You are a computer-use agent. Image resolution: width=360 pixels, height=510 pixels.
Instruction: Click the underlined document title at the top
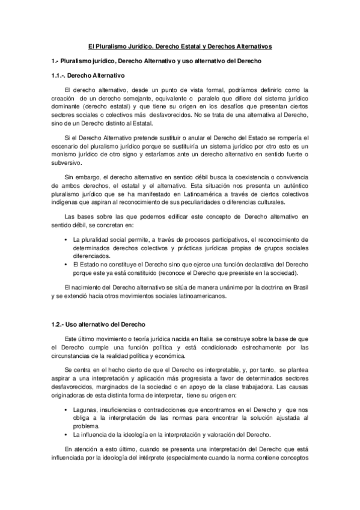180,46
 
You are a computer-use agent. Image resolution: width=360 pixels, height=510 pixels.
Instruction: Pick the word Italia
201,340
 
